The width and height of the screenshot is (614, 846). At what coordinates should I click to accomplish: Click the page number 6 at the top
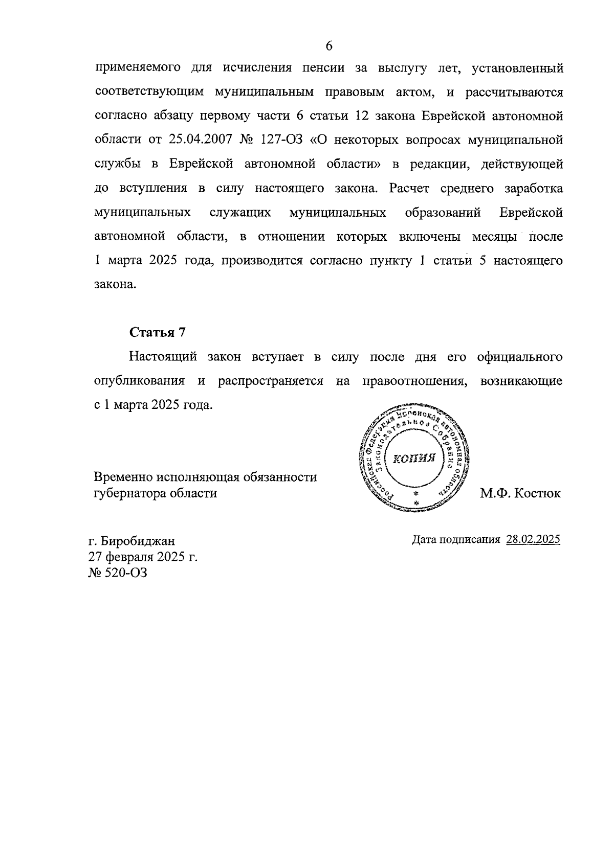(329, 46)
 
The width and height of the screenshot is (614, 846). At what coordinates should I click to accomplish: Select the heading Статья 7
(157, 332)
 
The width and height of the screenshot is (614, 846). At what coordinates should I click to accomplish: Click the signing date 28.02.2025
(533, 539)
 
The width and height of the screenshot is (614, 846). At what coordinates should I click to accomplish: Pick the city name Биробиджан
(138, 541)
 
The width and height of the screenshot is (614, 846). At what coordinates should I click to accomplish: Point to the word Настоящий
(163, 357)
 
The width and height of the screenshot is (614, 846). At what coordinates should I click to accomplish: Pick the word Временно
(123, 477)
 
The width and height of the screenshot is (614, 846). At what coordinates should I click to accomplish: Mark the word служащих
(240, 212)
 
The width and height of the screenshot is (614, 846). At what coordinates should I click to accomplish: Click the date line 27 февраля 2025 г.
(143, 557)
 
